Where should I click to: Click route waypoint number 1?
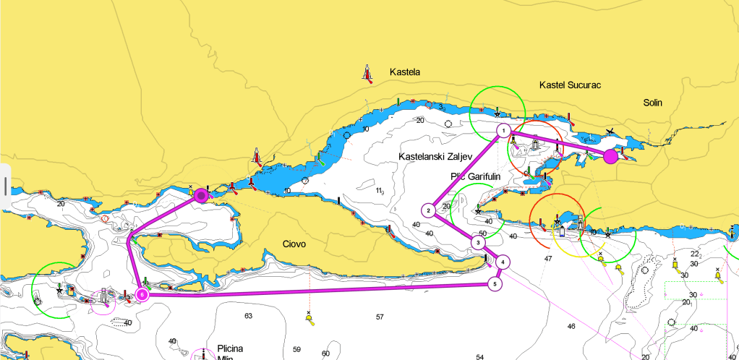(x=503, y=131)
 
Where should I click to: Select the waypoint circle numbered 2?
(x=429, y=210)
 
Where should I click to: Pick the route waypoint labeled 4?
(x=503, y=262)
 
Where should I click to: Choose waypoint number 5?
(x=495, y=283)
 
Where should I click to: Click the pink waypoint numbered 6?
(x=142, y=294)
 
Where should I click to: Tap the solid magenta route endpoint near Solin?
(x=610, y=156)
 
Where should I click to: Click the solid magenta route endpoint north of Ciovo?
(x=202, y=194)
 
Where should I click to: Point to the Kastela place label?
(x=404, y=72)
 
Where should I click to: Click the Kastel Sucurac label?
(x=570, y=85)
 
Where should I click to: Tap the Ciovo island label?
(x=294, y=244)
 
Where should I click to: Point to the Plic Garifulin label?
(x=476, y=176)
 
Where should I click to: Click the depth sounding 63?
(x=248, y=316)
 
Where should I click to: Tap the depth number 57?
(x=380, y=317)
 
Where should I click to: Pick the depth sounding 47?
(x=548, y=258)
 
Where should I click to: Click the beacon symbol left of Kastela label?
(x=369, y=74)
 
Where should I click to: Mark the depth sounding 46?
(x=571, y=327)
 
